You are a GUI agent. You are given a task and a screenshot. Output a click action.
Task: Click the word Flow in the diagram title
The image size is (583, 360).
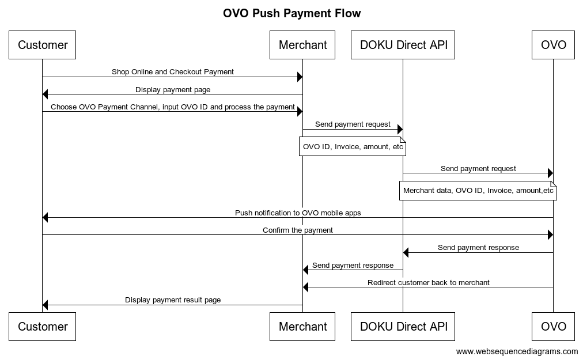click(x=346, y=13)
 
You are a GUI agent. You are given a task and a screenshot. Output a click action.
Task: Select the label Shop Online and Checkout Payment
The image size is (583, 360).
click(x=173, y=72)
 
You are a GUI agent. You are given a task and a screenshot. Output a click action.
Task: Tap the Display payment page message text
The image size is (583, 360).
click(x=173, y=89)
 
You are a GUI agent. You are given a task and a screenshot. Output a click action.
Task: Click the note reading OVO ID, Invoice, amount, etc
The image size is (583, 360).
click(x=353, y=147)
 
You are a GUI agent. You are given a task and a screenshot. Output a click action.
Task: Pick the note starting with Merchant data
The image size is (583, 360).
click(x=478, y=191)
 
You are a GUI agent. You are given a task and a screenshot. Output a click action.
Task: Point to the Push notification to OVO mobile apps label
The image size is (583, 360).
click(x=298, y=213)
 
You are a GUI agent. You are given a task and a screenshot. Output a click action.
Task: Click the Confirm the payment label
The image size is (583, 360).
click(x=298, y=230)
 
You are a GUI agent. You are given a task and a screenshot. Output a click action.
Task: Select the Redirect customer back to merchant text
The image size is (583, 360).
click(x=429, y=282)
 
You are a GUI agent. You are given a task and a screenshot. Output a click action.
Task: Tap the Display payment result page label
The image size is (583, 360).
click(x=173, y=300)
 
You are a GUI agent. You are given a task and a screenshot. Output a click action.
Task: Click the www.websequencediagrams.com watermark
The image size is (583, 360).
click(x=517, y=351)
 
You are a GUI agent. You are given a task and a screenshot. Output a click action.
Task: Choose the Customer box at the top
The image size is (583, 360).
click(x=43, y=45)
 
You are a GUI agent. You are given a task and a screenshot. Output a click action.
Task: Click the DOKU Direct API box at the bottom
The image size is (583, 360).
click(x=403, y=327)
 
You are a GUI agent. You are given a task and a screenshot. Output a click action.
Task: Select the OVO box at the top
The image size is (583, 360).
click(x=553, y=45)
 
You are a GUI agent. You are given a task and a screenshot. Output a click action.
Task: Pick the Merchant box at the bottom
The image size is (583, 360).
click(x=302, y=327)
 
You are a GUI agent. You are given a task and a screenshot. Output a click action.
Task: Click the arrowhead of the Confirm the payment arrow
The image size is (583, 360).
click(x=550, y=235)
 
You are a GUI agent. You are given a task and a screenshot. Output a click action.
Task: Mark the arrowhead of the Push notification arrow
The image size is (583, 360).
click(x=46, y=218)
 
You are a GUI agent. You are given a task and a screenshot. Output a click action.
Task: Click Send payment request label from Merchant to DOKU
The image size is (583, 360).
click(x=353, y=124)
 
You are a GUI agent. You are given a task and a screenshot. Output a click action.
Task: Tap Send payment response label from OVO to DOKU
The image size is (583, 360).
click(x=478, y=247)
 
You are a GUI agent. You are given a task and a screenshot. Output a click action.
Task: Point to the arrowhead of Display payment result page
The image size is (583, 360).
click(x=46, y=305)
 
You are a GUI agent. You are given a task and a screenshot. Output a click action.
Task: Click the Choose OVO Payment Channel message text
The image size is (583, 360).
click(x=173, y=107)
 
